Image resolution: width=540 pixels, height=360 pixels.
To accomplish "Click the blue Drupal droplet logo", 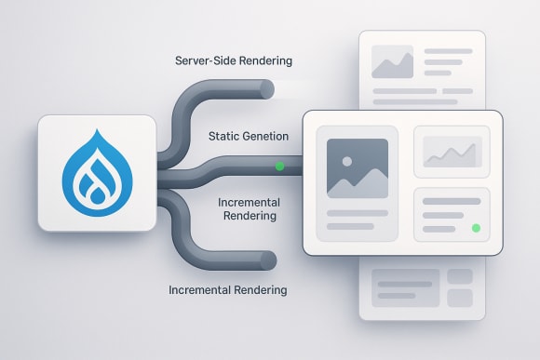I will [96, 173].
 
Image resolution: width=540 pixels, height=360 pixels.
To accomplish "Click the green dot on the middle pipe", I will [279, 167].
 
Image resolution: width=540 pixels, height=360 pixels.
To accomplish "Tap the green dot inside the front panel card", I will [476, 228].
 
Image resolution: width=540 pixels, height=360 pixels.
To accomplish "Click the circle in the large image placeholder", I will [346, 161].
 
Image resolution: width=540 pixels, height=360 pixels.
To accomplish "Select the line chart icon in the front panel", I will [452, 151].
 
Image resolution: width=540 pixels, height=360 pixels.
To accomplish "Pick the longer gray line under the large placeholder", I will [358, 213].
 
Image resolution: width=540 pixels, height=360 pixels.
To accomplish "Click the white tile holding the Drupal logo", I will [96, 173].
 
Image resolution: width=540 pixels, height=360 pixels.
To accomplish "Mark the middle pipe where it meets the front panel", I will [300, 167].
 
